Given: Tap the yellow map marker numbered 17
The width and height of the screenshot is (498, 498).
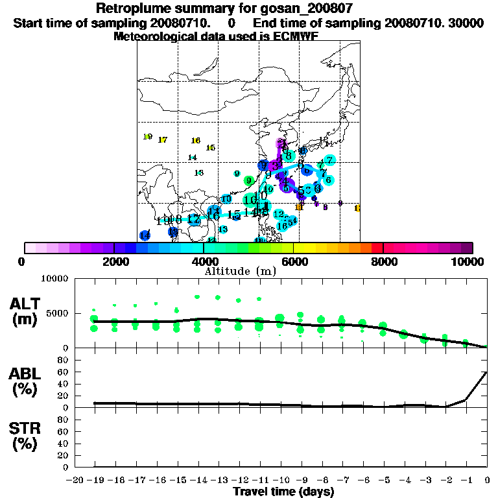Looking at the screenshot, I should pyautogui.click(x=162, y=140).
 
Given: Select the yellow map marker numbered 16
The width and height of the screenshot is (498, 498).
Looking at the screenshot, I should pyautogui.click(x=195, y=141).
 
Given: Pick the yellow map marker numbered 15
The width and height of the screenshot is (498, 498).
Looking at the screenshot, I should pyautogui.click(x=210, y=148).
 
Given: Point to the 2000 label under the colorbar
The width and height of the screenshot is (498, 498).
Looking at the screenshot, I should pyautogui.click(x=114, y=261).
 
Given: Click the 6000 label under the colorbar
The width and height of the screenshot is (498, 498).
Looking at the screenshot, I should pyautogui.click(x=294, y=261).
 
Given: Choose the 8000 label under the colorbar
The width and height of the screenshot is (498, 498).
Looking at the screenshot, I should pyautogui.click(x=383, y=261).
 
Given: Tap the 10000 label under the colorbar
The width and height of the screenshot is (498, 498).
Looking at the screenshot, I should pyautogui.click(x=469, y=261).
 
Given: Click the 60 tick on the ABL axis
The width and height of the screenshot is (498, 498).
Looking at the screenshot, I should pyautogui.click(x=64, y=372).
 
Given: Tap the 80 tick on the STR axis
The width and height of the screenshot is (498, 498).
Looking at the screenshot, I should pyautogui.click(x=64, y=420).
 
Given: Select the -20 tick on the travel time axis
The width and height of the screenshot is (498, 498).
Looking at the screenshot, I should pyautogui.click(x=75, y=479).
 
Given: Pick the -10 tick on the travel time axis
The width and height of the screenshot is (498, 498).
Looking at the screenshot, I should pyautogui.click(x=281, y=479).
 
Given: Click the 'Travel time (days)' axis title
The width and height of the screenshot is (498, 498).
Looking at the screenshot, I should pyautogui.click(x=283, y=492).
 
